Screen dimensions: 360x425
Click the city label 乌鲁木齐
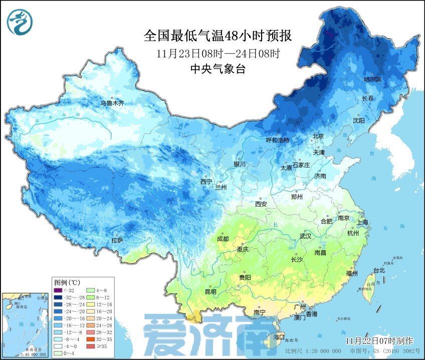[x=111, y=103]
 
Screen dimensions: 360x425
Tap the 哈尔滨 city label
[x=372, y=79]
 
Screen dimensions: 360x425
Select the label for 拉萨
[x=117, y=241]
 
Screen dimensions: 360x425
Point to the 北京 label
[x=319, y=136]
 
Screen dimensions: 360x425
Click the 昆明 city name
[x=210, y=291]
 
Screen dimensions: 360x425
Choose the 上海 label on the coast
[x=362, y=222]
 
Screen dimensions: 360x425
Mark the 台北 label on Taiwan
[x=379, y=270]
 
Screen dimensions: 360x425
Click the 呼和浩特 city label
[x=278, y=140]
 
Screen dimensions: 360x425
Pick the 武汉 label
[x=305, y=236]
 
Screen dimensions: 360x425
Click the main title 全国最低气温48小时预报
[x=217, y=36]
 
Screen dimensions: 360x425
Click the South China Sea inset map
[x=26, y=324]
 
